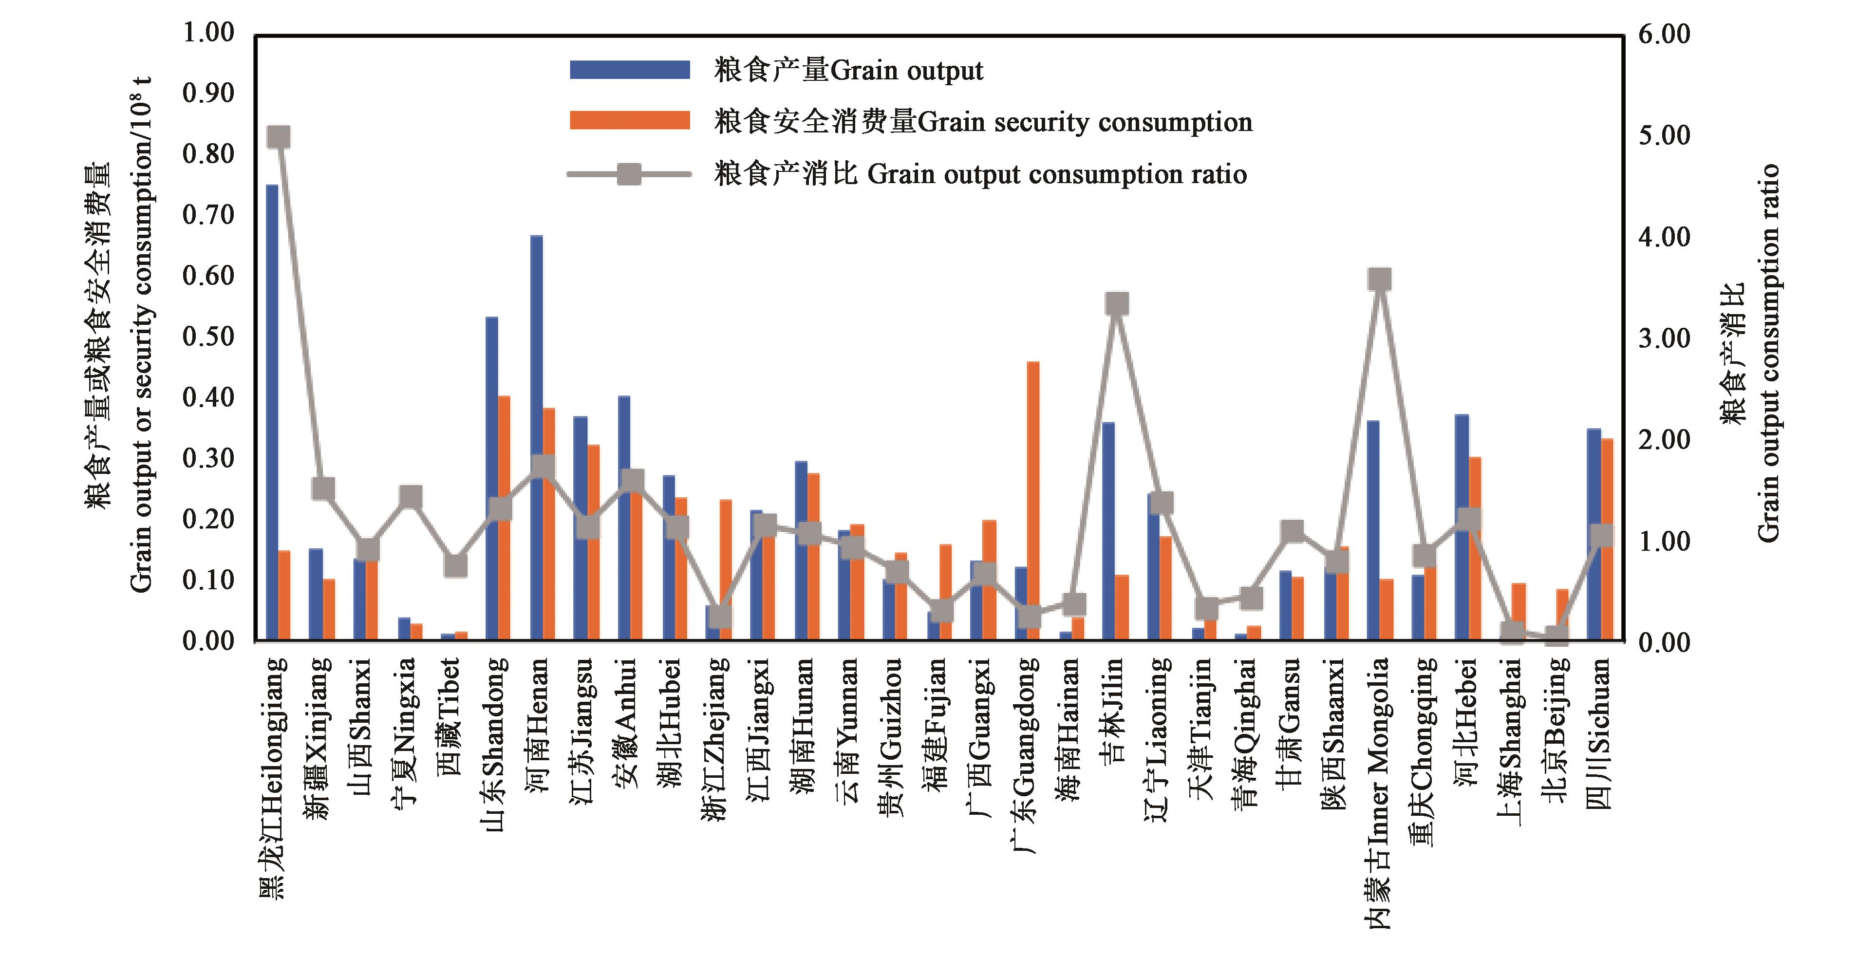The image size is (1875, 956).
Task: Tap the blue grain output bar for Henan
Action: coord(536,437)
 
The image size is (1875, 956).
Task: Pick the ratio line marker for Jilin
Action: coord(1117,303)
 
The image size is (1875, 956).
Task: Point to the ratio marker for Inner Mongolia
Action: coord(1379,279)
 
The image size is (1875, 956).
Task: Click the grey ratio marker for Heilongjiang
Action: coord(279,137)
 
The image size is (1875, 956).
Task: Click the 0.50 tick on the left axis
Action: coord(208,337)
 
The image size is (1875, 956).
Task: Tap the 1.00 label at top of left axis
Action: coord(208,33)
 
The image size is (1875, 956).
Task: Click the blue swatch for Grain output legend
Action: coord(630,70)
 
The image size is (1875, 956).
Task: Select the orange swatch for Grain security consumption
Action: coord(630,121)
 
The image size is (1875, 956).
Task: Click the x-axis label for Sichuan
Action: coord(1599,732)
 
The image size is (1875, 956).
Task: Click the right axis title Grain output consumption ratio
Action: coord(1769,353)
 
